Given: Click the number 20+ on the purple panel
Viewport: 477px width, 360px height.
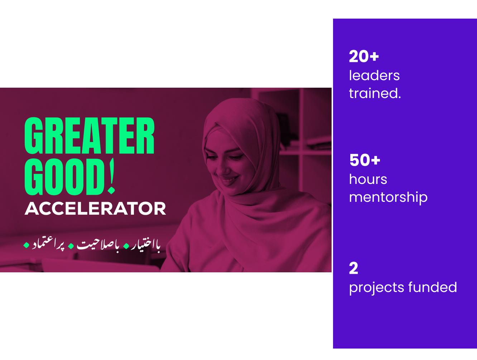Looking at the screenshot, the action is tap(364, 56).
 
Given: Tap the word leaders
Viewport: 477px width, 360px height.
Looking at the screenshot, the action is tap(374, 76).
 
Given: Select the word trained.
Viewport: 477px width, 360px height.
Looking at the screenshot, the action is tap(375, 93).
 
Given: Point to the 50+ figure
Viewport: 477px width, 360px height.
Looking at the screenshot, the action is tap(365, 160).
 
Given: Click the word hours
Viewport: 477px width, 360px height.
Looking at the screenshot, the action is tap(368, 179).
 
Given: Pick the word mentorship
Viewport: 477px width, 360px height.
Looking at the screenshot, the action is tap(388, 198).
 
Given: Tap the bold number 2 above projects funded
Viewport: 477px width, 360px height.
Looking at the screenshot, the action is tap(353, 268).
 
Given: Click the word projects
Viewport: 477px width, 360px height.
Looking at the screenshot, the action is tap(377, 288).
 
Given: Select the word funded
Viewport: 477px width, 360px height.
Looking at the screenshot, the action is tap(433, 287).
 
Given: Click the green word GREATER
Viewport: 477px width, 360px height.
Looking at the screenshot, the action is tap(89, 136).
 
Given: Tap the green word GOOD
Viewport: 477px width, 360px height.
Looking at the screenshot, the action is tap(64, 177).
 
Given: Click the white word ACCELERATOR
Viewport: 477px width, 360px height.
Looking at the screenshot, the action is tap(95, 208).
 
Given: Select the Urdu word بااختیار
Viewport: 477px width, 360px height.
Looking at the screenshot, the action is tap(146, 245).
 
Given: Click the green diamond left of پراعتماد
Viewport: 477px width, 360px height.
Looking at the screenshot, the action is tap(26, 245).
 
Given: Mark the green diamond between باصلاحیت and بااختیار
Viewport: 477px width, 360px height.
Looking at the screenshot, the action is tap(126, 246).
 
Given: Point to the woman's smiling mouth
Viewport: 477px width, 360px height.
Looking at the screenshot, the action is tap(229, 181).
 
